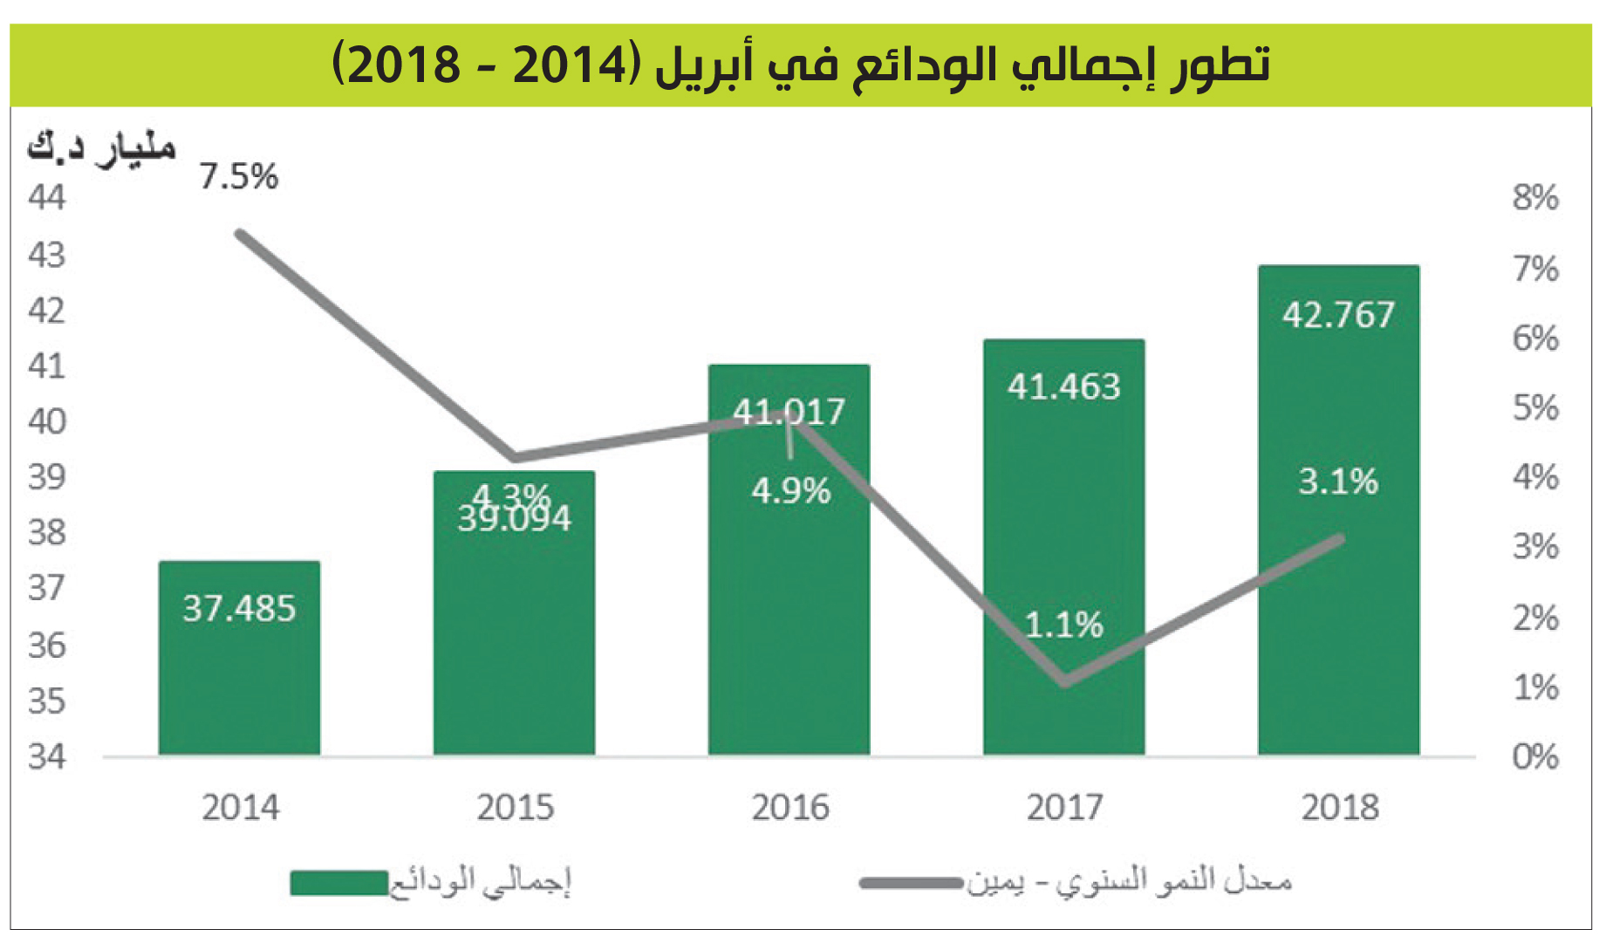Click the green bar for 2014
click(x=239, y=680)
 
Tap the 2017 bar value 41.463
click(x=1063, y=386)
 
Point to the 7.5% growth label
click(x=238, y=177)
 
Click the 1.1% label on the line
click(x=1063, y=625)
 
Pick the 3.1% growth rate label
click(x=1338, y=482)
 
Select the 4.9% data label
click(x=790, y=491)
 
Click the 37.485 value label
click(x=239, y=609)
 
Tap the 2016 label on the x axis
click(x=790, y=808)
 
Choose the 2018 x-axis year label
click(x=1340, y=808)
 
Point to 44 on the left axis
click(x=47, y=198)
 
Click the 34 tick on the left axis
click(x=47, y=756)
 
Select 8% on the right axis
click(x=1535, y=198)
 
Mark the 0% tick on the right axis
click(x=1535, y=756)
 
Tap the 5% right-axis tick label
click(x=1535, y=408)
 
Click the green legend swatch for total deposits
click(x=338, y=883)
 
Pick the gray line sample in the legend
click(x=911, y=883)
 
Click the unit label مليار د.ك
click(x=101, y=147)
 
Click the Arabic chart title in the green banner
click(x=801, y=65)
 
